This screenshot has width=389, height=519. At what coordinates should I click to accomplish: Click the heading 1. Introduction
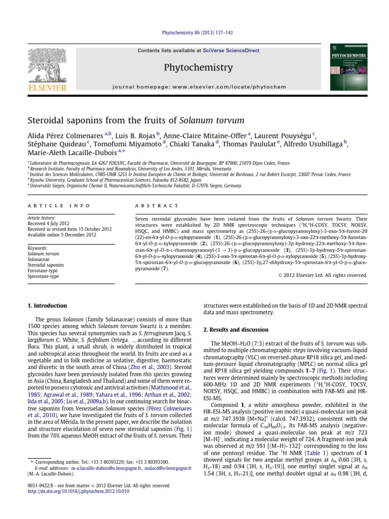[47, 306]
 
